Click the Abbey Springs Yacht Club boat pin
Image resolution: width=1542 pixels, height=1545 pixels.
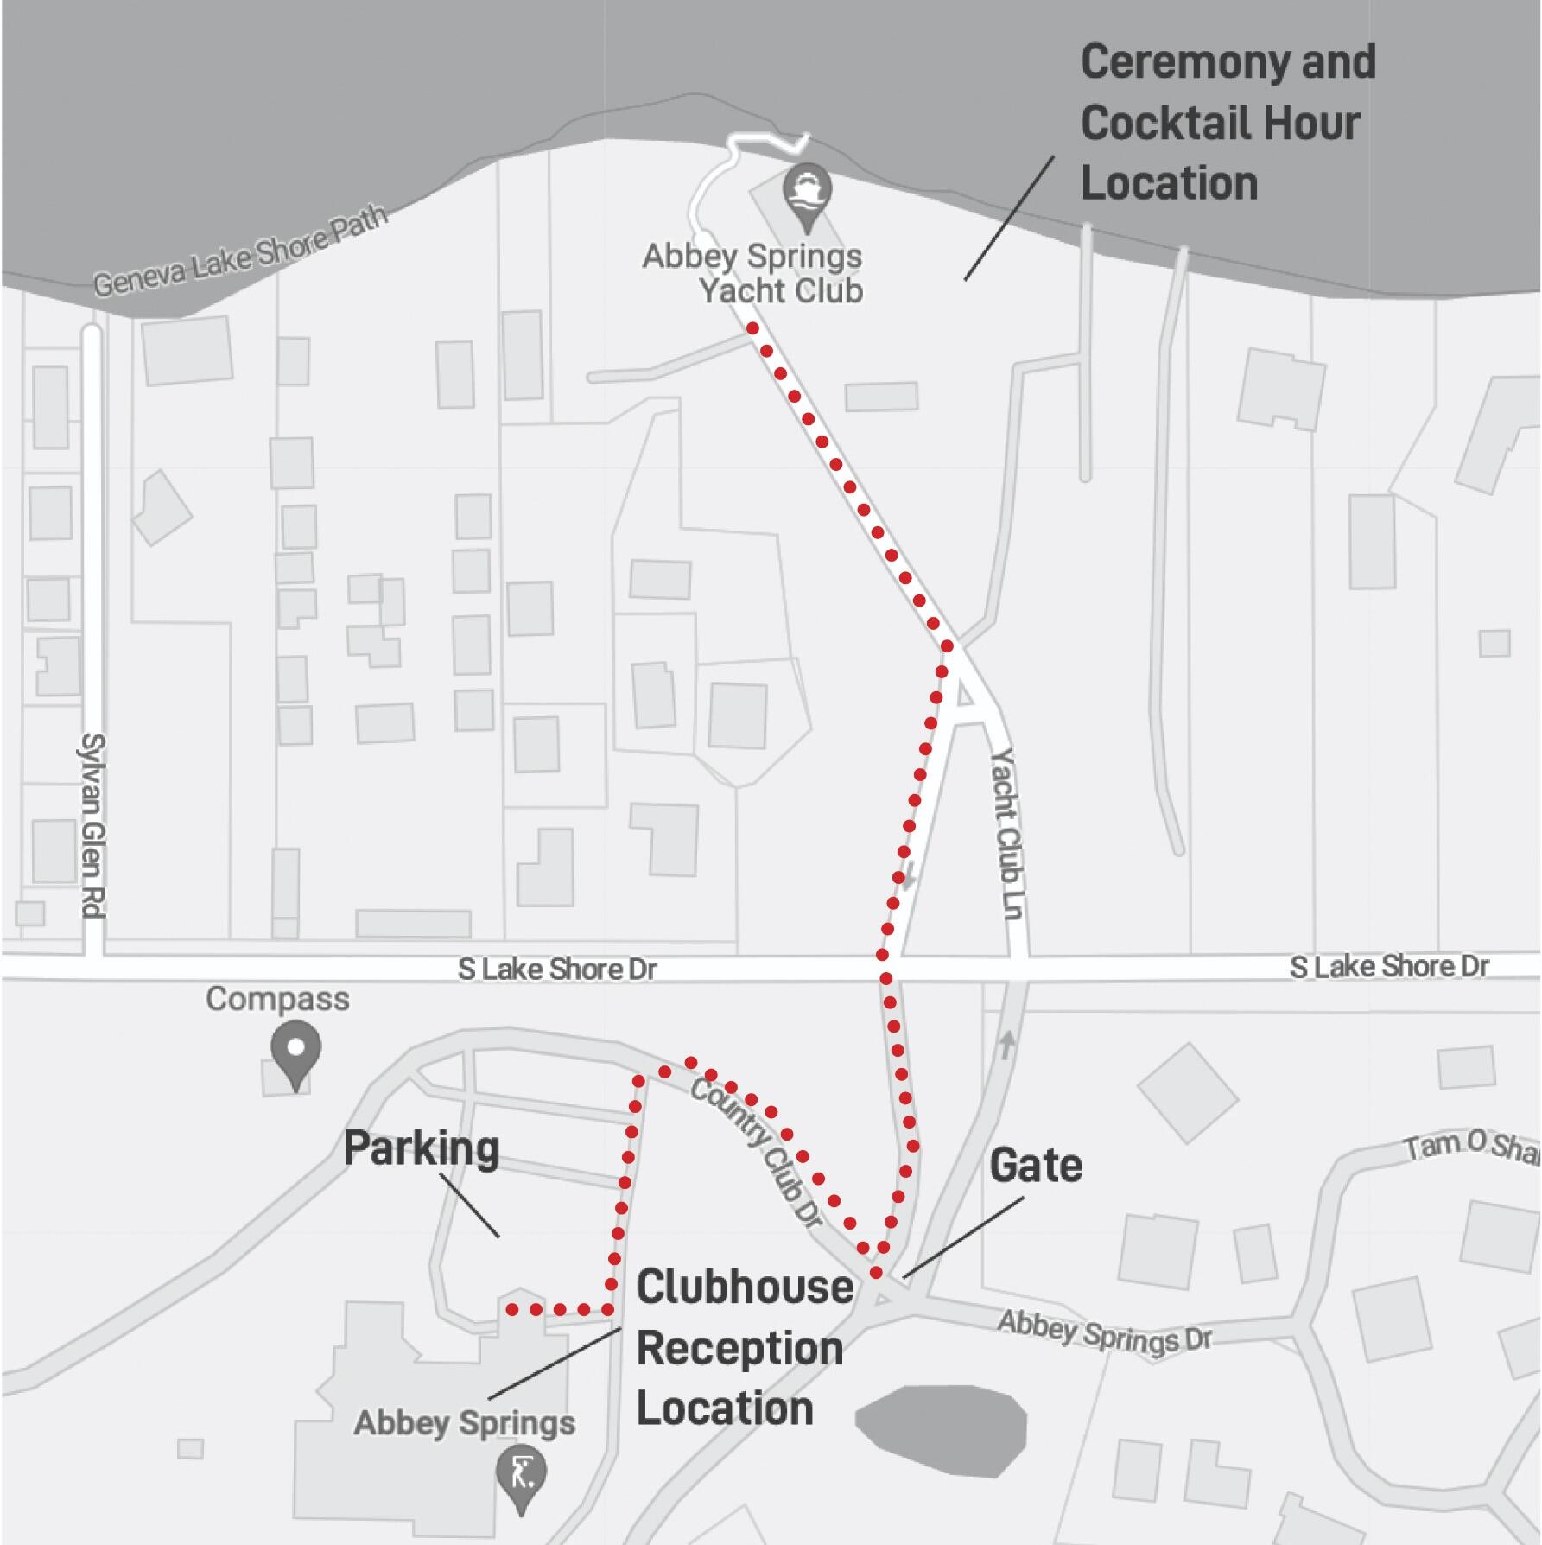(808, 197)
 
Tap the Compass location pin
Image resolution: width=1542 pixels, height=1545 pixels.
(296, 1055)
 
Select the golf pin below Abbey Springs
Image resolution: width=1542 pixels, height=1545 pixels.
(521, 1477)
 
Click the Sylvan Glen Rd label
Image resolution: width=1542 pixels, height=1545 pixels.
(93, 825)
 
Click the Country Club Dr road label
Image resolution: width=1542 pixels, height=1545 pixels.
(757, 1153)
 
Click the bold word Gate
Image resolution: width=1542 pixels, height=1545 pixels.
(1036, 1166)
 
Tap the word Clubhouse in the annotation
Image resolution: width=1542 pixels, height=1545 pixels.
(746, 1287)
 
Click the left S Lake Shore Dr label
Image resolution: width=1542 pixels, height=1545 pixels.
(557, 970)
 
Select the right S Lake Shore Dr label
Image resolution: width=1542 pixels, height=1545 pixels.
(1389, 967)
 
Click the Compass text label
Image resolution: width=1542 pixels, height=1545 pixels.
(278, 1001)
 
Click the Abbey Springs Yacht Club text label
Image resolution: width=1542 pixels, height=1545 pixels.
(752, 273)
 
